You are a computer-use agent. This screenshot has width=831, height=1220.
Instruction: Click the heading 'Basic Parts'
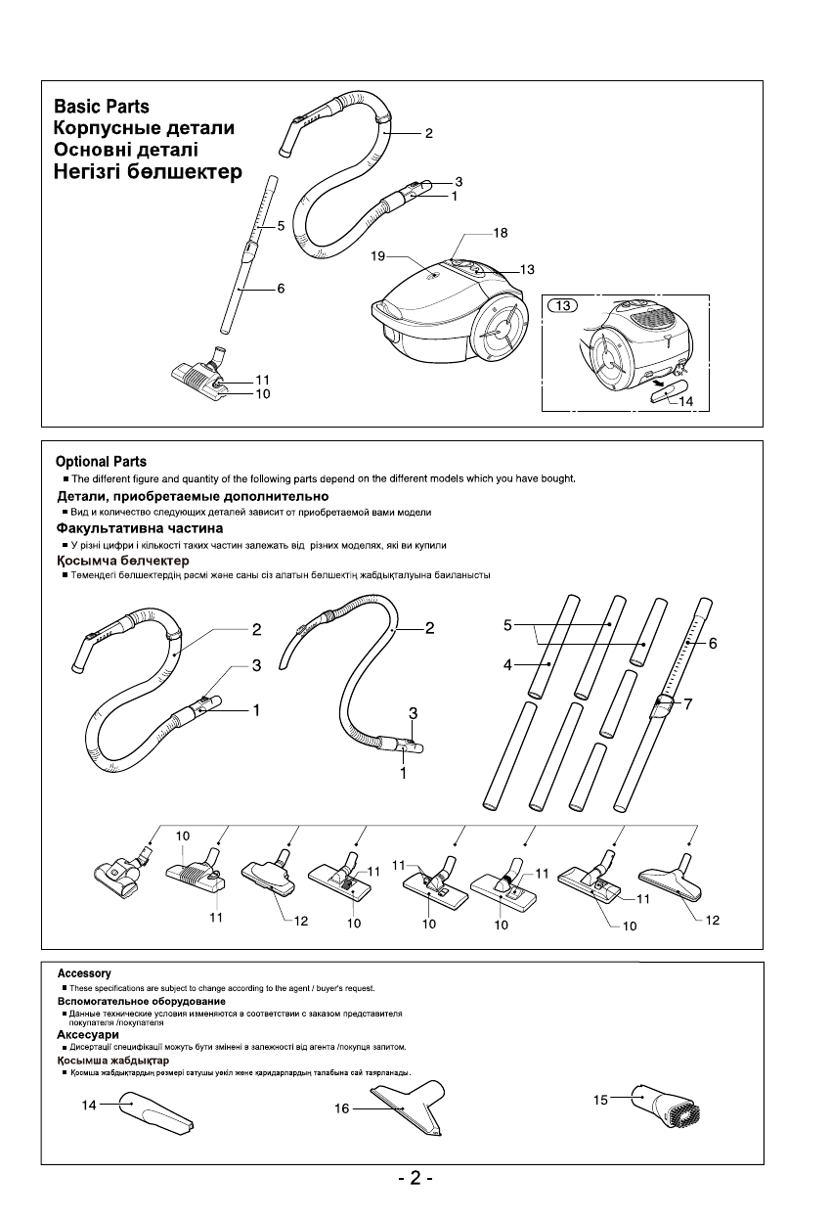102,107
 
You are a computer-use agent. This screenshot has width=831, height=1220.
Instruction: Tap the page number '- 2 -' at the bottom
415,1179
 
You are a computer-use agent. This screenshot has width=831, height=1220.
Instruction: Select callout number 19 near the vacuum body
378,257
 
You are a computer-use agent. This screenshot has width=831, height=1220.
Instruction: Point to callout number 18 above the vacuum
501,234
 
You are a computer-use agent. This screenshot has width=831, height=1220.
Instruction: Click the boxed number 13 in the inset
563,306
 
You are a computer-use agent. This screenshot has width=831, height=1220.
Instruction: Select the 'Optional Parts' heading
101,462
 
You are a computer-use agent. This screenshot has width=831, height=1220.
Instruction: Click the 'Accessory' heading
84,973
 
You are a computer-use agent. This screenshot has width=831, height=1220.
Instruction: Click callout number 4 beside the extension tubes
507,664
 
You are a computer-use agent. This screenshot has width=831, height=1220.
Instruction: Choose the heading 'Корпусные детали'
144,128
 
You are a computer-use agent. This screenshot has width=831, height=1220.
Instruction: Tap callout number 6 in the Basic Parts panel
281,289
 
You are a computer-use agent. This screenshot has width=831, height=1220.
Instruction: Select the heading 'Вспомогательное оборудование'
141,1001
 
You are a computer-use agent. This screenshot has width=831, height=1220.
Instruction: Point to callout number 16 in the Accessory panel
341,1109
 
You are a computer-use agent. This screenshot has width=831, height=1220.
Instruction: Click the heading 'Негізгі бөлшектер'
147,173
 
